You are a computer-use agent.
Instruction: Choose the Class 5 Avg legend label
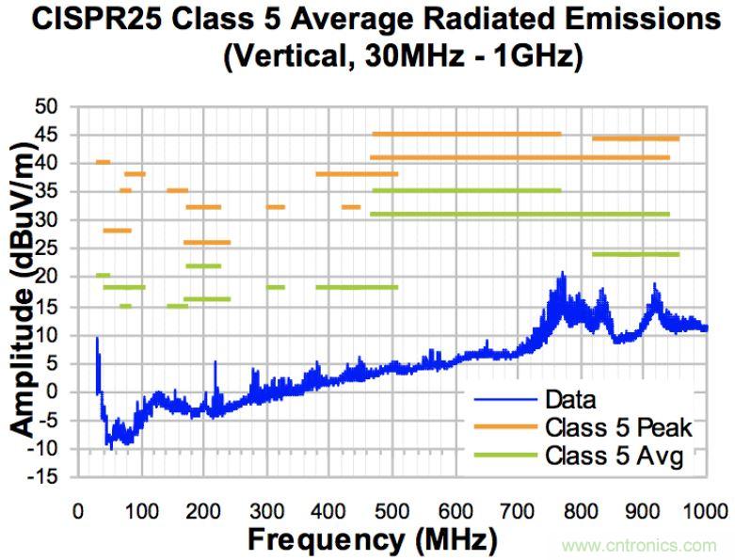pyautogui.click(x=612, y=458)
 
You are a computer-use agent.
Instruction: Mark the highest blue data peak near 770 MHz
pyautogui.click(x=563, y=274)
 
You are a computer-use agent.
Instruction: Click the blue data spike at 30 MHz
pyautogui.click(x=97, y=338)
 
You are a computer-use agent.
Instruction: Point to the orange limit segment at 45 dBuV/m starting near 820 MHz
pyautogui.click(x=635, y=138)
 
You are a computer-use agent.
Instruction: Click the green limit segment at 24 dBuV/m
pyautogui.click(x=635, y=254)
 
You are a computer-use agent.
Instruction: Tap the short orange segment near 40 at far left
pyautogui.click(x=104, y=162)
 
